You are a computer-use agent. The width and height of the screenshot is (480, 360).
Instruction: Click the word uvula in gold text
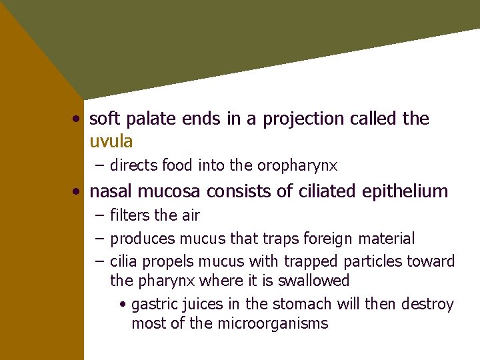[111, 141]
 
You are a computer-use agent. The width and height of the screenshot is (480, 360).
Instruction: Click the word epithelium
[405, 192]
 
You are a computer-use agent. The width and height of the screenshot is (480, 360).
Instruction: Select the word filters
[130, 215]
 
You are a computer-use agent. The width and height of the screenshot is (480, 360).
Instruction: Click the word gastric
[155, 305]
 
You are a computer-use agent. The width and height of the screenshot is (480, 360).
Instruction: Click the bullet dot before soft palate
[78, 119]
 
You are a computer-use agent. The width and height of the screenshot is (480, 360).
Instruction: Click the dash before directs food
[99, 165]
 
